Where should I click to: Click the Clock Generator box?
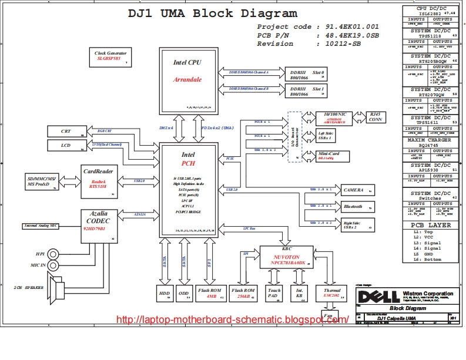(x=110, y=56)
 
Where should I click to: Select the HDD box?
(x=164, y=294)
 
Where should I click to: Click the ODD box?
(x=185, y=294)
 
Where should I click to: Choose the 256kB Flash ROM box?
(x=242, y=294)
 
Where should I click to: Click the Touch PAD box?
(x=274, y=294)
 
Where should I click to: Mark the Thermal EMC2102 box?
(x=328, y=294)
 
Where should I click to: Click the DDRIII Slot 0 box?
(x=306, y=75)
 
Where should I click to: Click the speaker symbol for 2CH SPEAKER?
(x=58, y=288)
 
